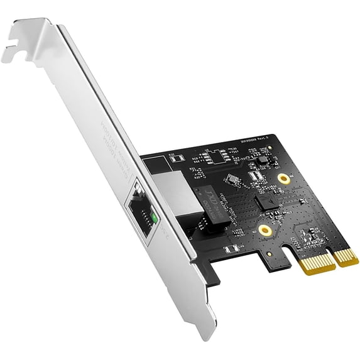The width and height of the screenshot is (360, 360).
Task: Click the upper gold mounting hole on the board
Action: [284, 179]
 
